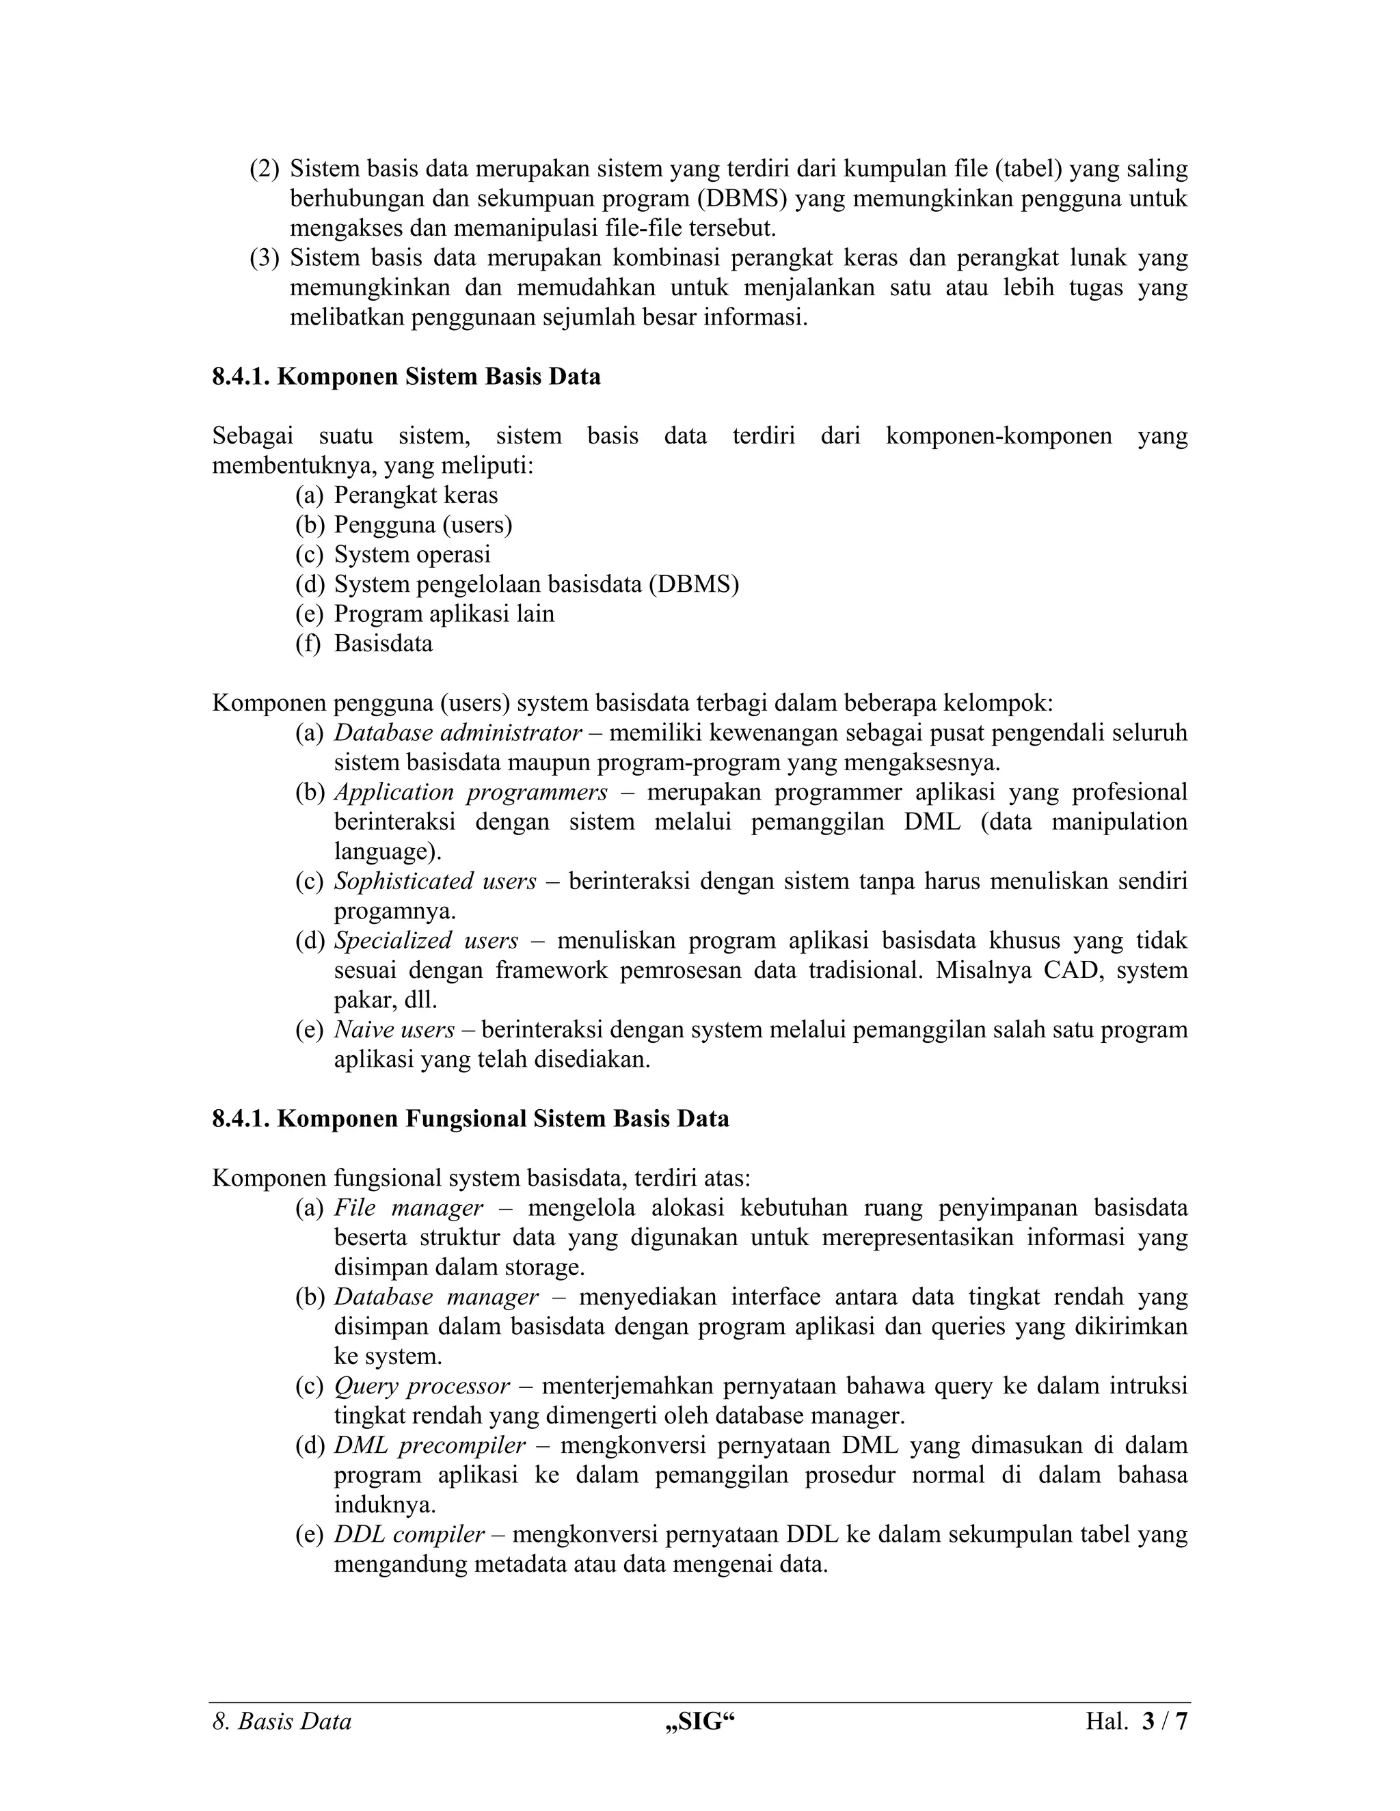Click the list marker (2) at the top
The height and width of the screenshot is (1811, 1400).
pyautogui.click(x=265, y=169)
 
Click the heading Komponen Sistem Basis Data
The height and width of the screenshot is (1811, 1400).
pyautogui.click(x=407, y=377)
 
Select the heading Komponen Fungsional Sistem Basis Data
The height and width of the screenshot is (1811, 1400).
pyautogui.click(x=470, y=1119)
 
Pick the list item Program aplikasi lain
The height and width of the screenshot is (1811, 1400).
pyautogui.click(x=444, y=614)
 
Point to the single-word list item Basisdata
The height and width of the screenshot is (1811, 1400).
pyautogui.click(x=383, y=644)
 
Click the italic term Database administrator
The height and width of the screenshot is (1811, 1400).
pyautogui.click(x=458, y=733)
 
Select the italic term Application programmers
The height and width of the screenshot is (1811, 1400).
pyautogui.click(x=470, y=792)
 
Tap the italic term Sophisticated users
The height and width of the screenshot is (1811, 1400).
pyautogui.click(x=435, y=882)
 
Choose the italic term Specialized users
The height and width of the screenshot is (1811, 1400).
pyautogui.click(x=427, y=940)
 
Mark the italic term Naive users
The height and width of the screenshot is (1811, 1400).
pyautogui.click(x=394, y=1030)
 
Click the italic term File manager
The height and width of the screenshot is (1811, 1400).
pyautogui.click(x=408, y=1208)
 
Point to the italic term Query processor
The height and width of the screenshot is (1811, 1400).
pyautogui.click(x=421, y=1387)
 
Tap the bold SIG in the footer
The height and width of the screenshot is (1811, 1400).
pyautogui.click(x=700, y=1722)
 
